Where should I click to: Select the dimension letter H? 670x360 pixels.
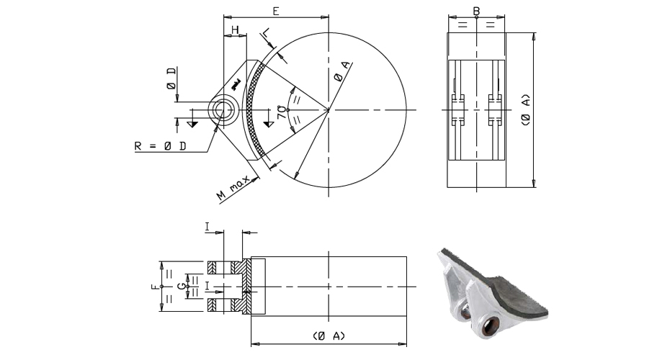click(236, 30)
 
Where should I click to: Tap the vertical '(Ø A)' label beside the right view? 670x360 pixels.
click(525, 109)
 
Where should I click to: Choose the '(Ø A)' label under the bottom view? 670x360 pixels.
click(329, 336)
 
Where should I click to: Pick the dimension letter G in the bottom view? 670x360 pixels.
click(184, 286)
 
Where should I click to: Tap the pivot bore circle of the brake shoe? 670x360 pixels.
click(221, 110)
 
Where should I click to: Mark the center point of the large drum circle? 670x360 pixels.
click(329, 110)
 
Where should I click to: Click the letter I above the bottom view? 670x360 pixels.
click(208, 227)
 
